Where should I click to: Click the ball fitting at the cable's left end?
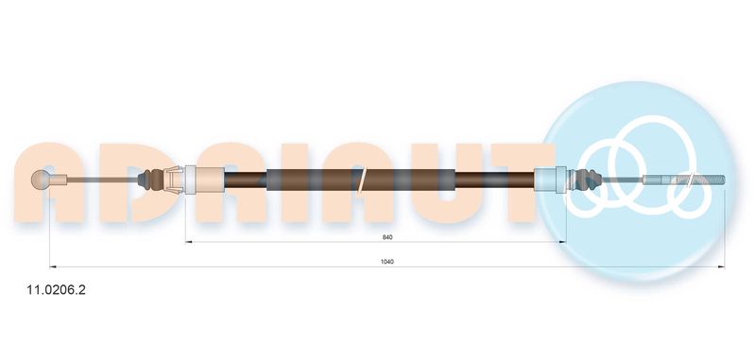(x=40, y=180)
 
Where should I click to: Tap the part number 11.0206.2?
(x=56, y=290)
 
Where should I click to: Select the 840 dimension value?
(x=387, y=237)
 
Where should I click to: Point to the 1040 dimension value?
(x=387, y=262)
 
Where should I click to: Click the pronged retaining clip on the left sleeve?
(x=174, y=180)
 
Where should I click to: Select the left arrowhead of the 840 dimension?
(x=189, y=242)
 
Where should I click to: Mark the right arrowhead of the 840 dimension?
(x=562, y=242)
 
